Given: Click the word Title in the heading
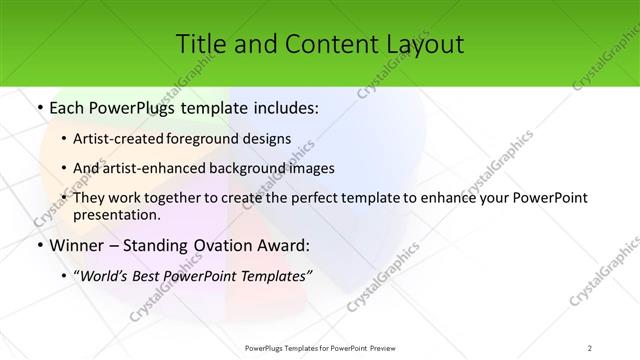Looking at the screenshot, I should (200, 44).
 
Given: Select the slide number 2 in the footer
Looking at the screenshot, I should (590, 347).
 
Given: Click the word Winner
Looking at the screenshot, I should (70, 245).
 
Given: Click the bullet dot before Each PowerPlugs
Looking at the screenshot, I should (38, 109).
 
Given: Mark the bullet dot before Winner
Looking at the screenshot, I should (38, 245).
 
